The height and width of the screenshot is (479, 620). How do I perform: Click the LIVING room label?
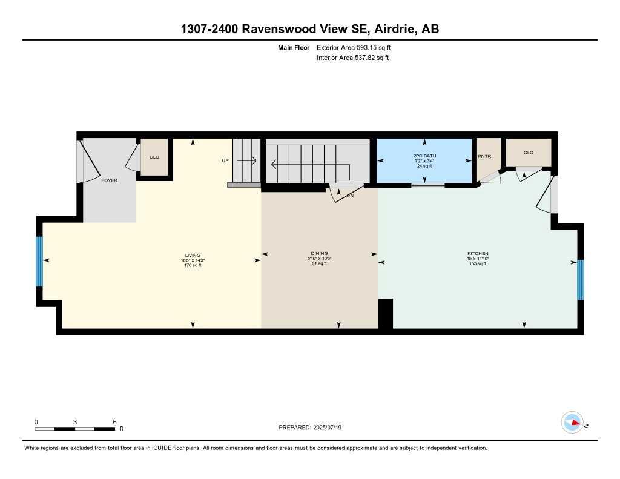point(193,255)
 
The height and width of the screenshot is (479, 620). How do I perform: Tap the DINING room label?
point(319,253)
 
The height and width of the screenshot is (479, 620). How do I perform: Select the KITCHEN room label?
point(478,253)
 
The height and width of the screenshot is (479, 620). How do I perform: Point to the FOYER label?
point(109,180)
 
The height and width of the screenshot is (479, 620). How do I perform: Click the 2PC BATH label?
point(424,156)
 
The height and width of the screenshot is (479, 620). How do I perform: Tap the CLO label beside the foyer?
point(154,157)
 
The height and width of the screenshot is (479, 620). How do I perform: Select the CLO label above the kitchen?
point(529,153)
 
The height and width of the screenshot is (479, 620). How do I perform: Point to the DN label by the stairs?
point(350,196)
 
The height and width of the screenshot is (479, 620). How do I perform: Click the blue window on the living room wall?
point(39,261)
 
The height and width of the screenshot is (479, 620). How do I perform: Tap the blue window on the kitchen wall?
point(580,279)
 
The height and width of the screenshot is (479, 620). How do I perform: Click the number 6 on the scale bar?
point(114,421)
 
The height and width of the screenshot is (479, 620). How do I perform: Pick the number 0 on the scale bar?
point(36,421)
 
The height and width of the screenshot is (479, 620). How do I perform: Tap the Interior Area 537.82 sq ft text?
point(352,58)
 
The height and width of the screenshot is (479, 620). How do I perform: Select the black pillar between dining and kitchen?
point(385,314)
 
